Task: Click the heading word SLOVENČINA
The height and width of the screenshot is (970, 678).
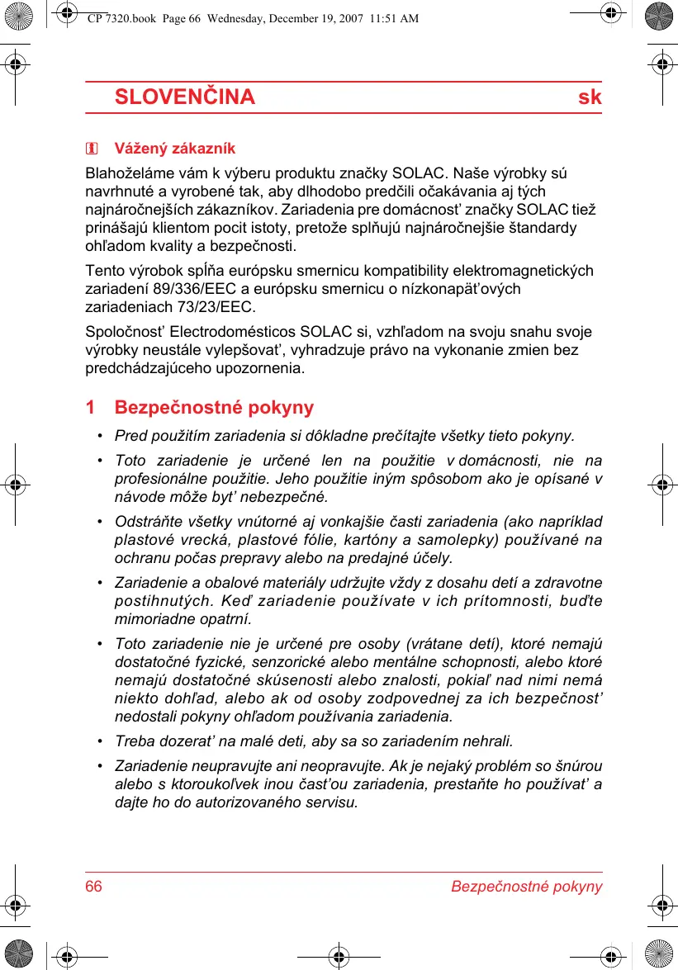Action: (x=184, y=97)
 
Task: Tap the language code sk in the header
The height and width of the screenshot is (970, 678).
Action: (x=590, y=97)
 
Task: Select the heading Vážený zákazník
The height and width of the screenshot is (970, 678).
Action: (x=174, y=149)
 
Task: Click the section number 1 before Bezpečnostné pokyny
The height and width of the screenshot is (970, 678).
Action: (x=91, y=407)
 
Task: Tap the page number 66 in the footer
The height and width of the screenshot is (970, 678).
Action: (x=94, y=887)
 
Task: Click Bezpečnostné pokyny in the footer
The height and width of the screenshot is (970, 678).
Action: (x=526, y=887)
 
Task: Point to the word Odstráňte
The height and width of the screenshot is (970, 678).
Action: (x=146, y=522)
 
